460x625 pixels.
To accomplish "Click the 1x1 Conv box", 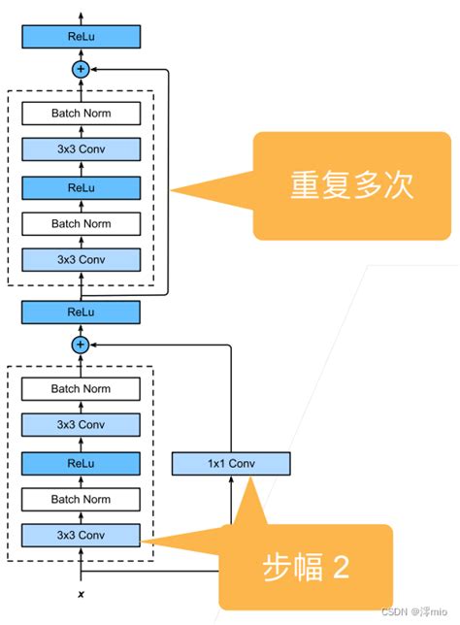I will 231,464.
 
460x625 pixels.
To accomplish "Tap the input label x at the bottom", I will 82,592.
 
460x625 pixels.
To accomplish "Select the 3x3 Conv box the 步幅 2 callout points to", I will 82,535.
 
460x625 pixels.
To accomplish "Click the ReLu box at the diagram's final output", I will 82,37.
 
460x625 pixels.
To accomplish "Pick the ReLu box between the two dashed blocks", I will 82,312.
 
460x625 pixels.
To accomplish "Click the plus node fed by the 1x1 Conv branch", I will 82,345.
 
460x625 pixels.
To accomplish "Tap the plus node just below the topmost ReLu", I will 82,69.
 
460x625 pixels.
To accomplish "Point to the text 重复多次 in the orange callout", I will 352,186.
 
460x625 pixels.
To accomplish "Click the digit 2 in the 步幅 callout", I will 341,567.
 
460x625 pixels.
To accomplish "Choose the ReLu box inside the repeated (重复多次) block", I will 82,186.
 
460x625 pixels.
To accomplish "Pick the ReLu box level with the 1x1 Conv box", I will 82,462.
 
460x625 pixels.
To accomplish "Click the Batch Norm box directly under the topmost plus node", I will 82,114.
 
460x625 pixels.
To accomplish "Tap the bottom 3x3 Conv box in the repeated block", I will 82,259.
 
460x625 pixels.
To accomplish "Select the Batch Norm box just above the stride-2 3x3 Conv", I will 82,499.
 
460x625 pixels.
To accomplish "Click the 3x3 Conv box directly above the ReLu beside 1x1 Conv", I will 82,425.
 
